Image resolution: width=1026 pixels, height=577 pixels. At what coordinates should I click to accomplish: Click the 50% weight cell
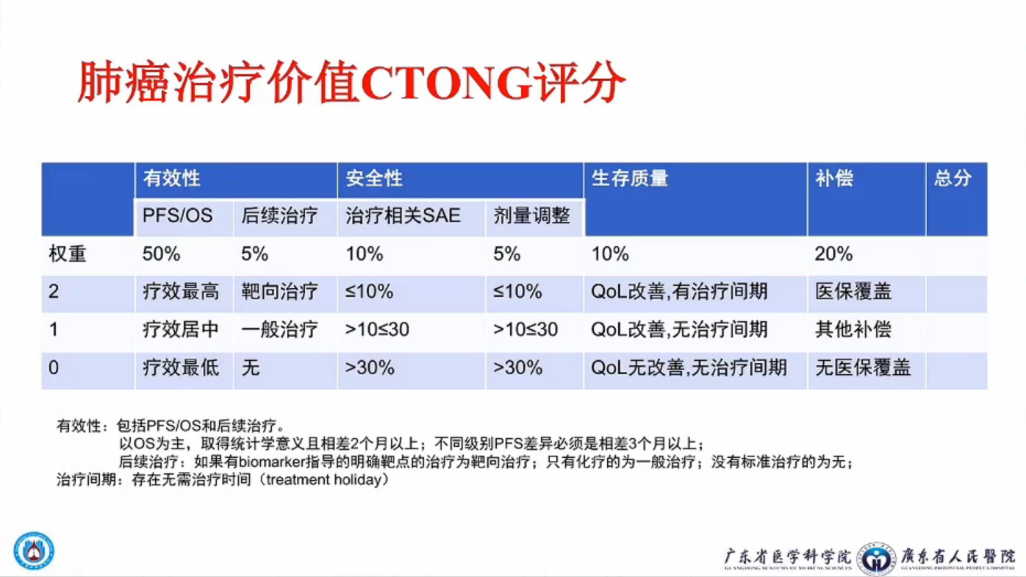pos(161,254)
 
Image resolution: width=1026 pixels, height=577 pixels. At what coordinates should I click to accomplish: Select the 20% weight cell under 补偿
pos(833,254)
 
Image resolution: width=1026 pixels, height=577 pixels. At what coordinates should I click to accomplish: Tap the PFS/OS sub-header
pos(177,215)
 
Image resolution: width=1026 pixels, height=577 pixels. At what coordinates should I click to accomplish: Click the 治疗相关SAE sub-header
pos(403,215)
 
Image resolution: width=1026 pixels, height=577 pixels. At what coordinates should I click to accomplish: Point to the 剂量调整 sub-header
pos(531,215)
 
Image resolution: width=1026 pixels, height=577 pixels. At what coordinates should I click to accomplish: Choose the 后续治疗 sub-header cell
pos(279,215)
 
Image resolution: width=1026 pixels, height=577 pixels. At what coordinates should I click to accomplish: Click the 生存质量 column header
pos(629,178)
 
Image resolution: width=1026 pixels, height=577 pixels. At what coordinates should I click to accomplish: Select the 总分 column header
pos(953,178)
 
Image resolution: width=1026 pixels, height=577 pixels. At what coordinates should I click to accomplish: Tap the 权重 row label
pos(68,254)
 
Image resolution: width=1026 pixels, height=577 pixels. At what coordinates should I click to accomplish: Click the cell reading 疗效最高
pos(181,292)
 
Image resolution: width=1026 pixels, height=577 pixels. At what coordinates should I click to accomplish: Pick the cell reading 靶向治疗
pos(279,292)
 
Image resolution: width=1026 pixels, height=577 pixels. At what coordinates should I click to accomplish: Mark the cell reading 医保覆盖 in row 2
pos(853,292)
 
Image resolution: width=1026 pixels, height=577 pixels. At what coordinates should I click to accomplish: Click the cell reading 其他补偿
pos(853,330)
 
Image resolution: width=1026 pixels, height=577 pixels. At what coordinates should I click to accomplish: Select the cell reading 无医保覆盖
pos(863,368)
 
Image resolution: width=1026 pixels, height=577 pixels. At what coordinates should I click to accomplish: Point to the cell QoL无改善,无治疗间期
pos(689,368)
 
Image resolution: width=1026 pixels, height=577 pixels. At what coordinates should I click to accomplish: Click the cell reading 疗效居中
pos(181,330)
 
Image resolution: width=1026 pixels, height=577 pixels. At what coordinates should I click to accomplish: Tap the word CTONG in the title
pos(447,83)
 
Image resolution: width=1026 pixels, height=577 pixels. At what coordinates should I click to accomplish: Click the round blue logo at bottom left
pos(34,551)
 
